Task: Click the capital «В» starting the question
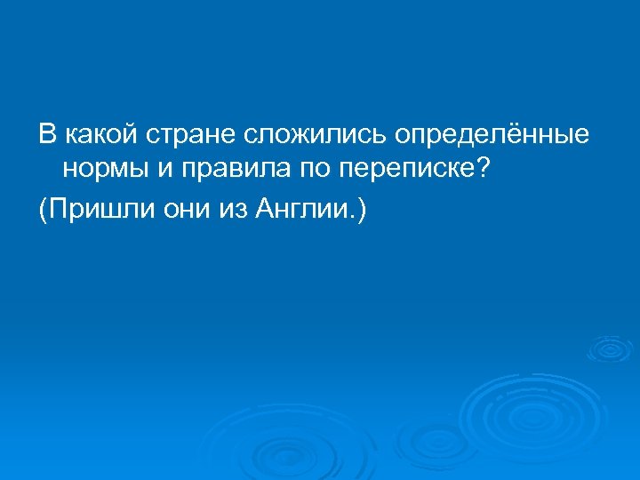[45, 136]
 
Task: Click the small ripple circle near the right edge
[611, 348]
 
